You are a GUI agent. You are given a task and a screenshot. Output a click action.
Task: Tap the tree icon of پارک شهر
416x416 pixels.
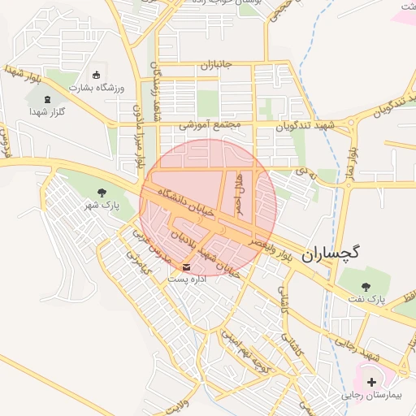click(x=102, y=193)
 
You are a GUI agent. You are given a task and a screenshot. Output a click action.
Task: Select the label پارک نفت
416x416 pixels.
click(x=366, y=301)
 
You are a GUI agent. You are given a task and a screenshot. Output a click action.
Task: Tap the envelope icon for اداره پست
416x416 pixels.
click(x=188, y=266)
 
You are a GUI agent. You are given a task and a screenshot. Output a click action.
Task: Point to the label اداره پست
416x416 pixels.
click(x=188, y=279)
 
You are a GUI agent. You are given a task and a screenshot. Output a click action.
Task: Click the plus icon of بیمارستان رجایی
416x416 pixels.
click(x=372, y=382)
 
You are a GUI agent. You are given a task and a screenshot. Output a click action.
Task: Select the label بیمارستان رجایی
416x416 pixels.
click(x=373, y=395)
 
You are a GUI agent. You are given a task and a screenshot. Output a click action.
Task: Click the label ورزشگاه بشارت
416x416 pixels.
click(x=98, y=87)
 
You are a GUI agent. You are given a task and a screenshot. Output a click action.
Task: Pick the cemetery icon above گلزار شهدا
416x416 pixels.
click(x=46, y=99)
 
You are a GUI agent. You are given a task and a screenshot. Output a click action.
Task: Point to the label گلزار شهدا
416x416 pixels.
click(x=45, y=111)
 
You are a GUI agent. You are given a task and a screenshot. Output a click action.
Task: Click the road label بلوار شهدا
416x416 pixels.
click(x=25, y=76)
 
